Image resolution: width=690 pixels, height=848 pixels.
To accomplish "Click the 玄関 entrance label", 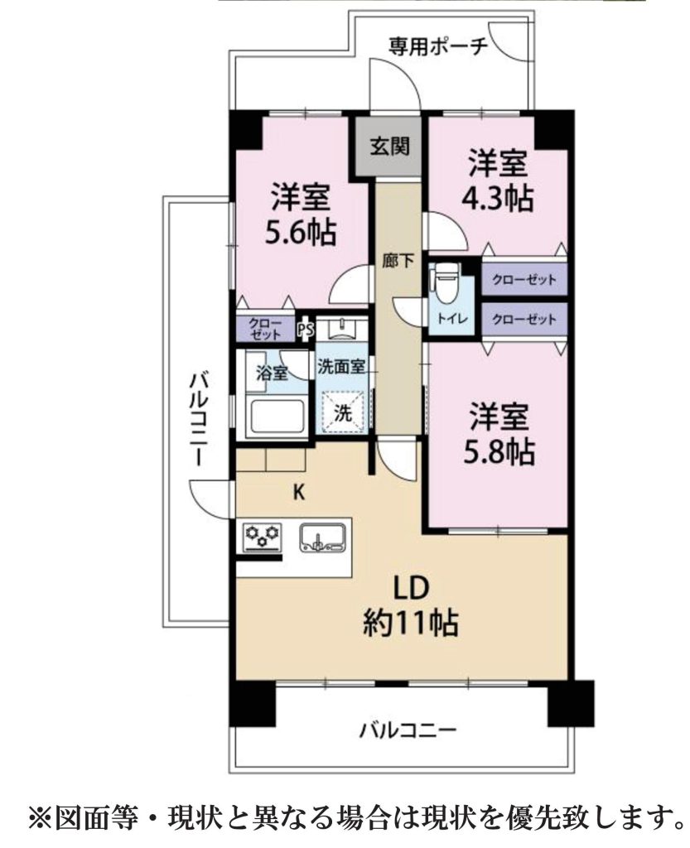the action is coord(389,146).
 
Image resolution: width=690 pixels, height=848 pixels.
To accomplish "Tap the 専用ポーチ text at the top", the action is coord(438,46).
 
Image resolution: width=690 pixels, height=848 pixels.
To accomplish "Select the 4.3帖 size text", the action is coord(498,199).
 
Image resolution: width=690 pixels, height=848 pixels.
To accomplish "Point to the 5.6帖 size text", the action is coord(300,233).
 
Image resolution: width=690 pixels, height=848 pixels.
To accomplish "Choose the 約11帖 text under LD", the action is coord(411,623).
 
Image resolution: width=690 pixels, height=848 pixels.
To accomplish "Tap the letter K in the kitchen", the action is coord(298,493).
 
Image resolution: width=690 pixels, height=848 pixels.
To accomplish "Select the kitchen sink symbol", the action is coord(323,537).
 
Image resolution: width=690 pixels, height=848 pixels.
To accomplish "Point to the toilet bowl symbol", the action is coord(446,283).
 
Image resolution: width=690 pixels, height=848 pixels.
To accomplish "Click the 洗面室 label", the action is coord(341,367).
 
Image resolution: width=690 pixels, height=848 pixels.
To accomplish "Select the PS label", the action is coord(306,330).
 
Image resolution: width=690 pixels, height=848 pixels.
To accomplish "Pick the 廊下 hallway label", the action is coord(398,262).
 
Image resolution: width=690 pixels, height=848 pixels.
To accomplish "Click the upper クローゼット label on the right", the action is coord(524,280).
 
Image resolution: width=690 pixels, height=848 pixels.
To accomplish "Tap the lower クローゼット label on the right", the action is coord(524,319).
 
